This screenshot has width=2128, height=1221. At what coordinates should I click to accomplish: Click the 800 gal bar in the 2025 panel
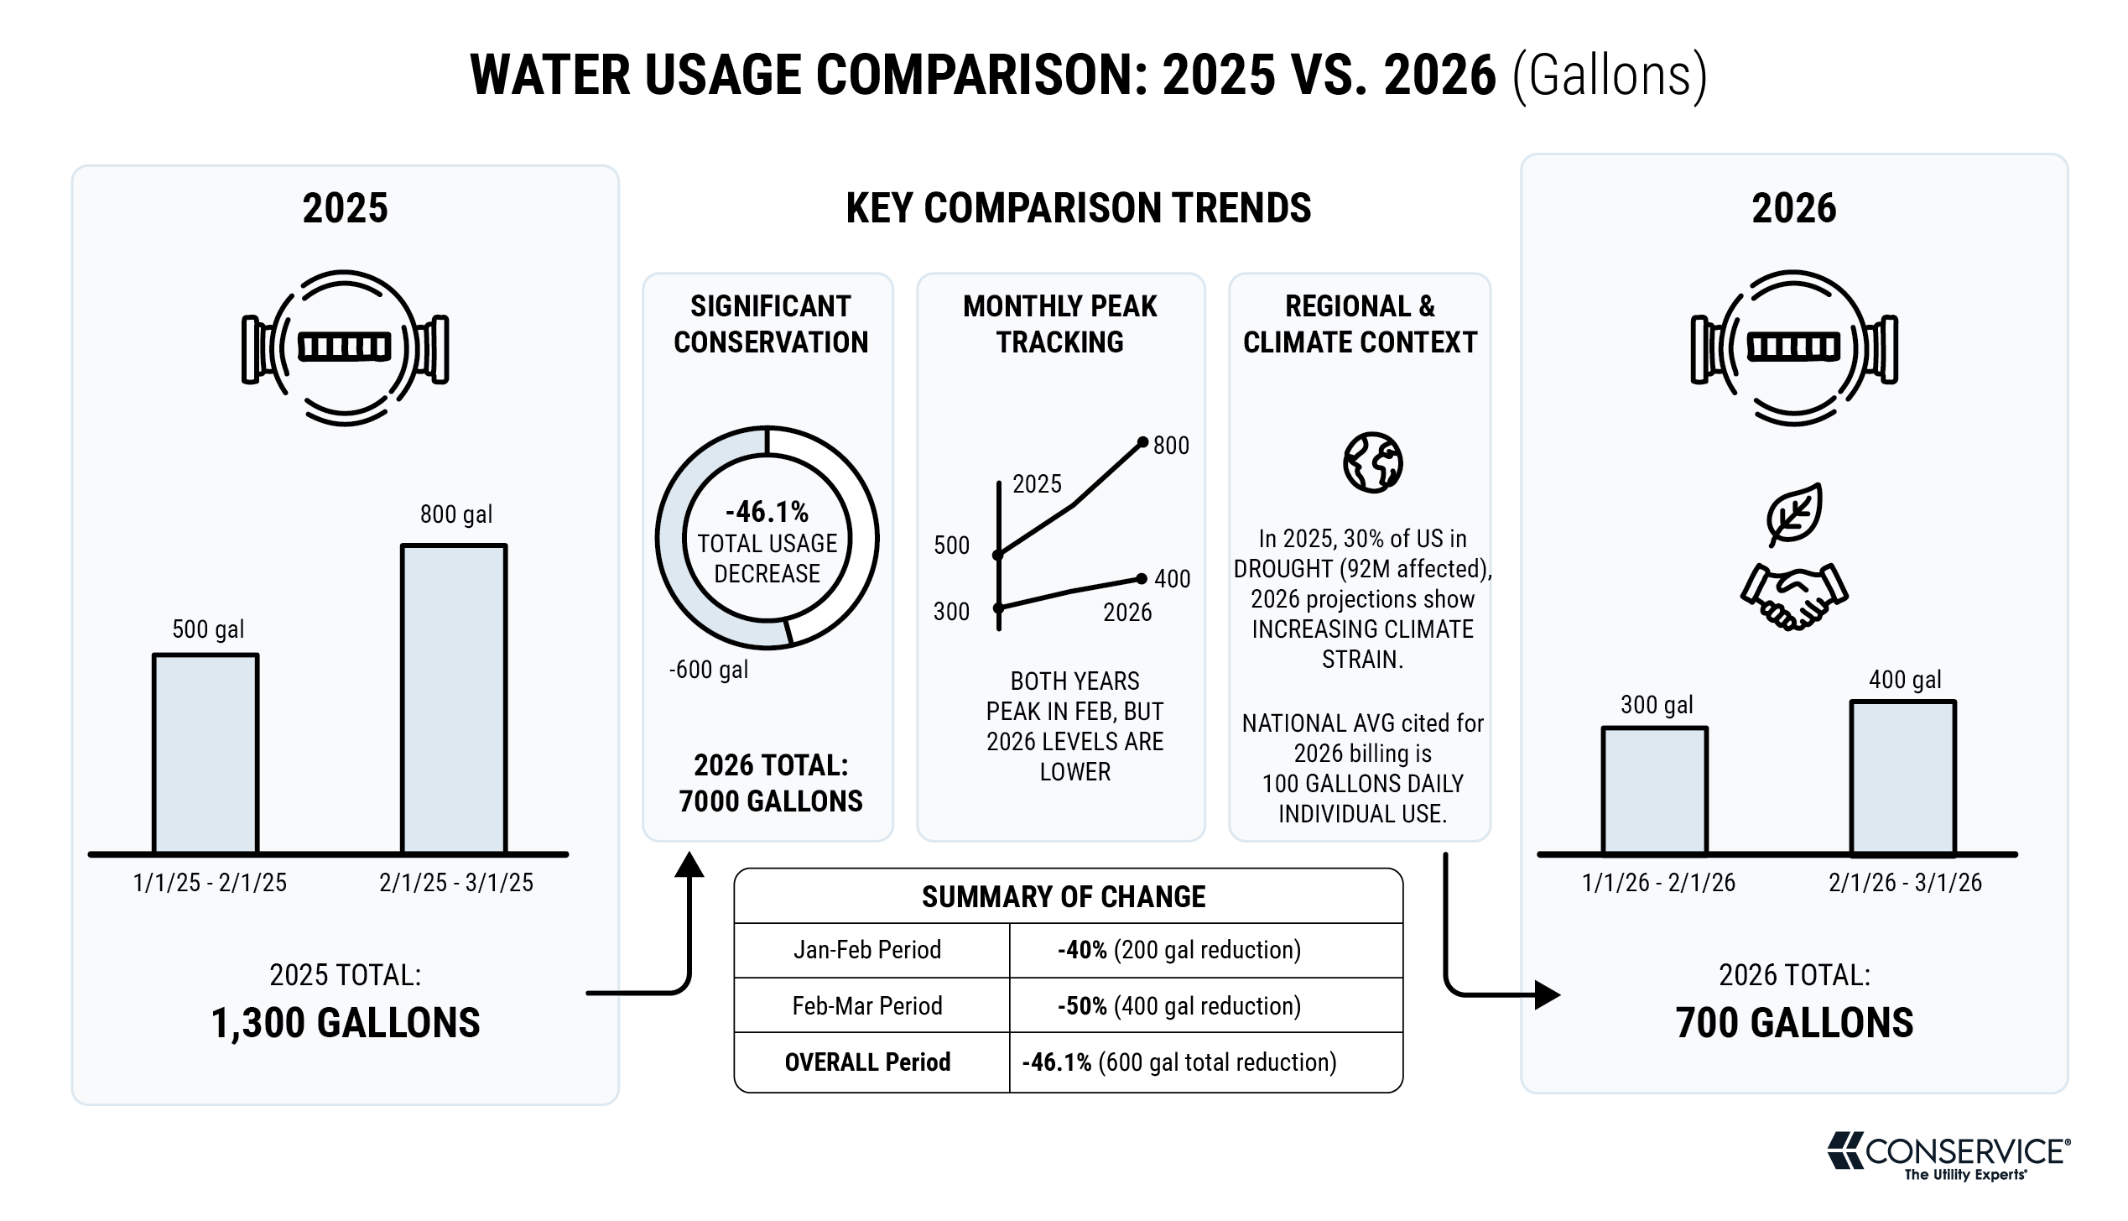pyautogui.click(x=454, y=699)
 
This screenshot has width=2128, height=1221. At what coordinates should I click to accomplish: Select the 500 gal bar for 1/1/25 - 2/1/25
pyautogui.click(x=206, y=754)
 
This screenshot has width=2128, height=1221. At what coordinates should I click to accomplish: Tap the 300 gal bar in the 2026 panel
pyautogui.click(x=1654, y=791)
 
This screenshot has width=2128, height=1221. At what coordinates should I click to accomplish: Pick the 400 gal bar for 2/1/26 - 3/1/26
pyautogui.click(x=1903, y=778)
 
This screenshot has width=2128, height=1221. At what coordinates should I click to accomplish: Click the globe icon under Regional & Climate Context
pyautogui.click(x=1372, y=462)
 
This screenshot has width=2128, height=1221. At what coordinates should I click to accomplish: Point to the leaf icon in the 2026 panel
pyautogui.click(x=1793, y=514)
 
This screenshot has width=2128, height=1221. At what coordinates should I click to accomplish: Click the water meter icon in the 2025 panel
pyautogui.click(x=345, y=347)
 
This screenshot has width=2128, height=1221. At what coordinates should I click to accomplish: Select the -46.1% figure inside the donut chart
pyautogui.click(x=767, y=511)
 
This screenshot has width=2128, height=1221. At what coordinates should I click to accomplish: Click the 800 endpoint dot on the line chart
pyautogui.click(x=1142, y=442)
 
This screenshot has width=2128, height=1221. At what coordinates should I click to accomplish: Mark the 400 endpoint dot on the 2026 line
pyautogui.click(x=1142, y=578)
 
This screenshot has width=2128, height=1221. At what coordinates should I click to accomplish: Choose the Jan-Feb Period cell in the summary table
pyautogui.click(x=867, y=950)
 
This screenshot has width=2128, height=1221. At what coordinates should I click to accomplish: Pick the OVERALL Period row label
pyautogui.click(x=867, y=1062)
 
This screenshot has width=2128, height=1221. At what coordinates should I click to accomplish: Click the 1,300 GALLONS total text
pyautogui.click(x=346, y=1023)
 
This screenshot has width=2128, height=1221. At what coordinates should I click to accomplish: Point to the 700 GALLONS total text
pyautogui.click(x=1794, y=1023)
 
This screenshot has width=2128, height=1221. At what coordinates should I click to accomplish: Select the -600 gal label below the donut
pyautogui.click(x=709, y=670)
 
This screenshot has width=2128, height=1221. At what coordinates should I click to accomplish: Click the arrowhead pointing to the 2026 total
pyautogui.click(x=1548, y=995)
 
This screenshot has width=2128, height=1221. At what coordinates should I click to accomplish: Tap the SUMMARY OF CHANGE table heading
pyautogui.click(x=1064, y=897)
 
